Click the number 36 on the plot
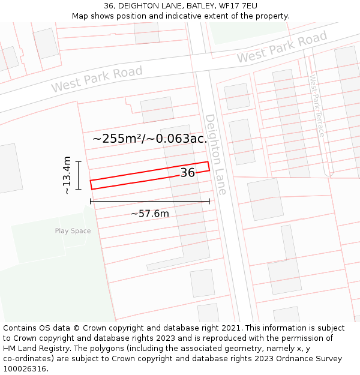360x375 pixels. [x=188, y=173]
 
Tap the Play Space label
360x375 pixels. [x=73, y=231]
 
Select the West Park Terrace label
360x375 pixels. [x=316, y=105]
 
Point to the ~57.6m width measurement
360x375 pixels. [x=150, y=214]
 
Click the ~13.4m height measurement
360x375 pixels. [x=67, y=175]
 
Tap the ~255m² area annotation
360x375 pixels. [x=150, y=139]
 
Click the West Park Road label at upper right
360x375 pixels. [x=282, y=47]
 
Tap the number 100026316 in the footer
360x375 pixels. [x=25, y=369]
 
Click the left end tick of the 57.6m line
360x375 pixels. [x=91, y=202]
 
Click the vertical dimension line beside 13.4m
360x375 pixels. [x=79, y=175]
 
